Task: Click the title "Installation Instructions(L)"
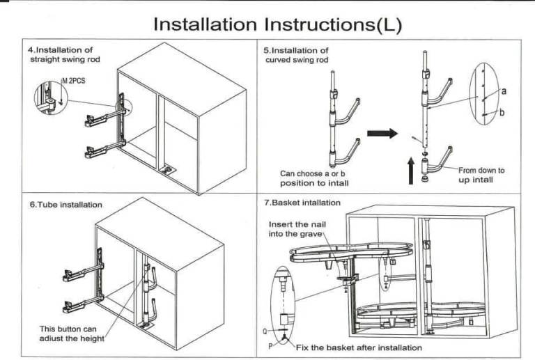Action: pyautogui.click(x=277, y=24)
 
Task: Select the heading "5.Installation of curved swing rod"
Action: pyautogui.click(x=297, y=55)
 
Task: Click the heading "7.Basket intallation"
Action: pyautogui.click(x=302, y=203)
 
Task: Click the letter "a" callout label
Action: pyautogui.click(x=503, y=91)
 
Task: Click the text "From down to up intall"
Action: pyautogui.click(x=481, y=175)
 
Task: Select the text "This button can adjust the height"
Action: pyautogui.click(x=72, y=333)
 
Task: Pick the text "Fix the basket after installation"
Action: pyautogui.click(x=359, y=347)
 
